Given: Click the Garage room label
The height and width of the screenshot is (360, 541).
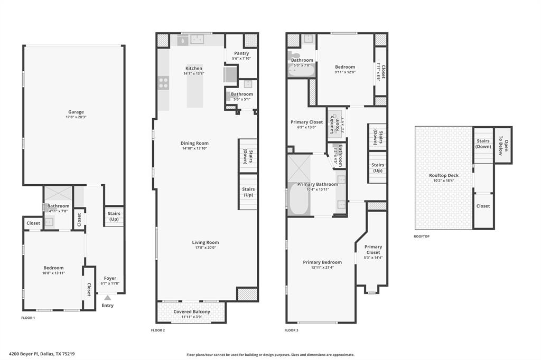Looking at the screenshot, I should pyautogui.click(x=76, y=112).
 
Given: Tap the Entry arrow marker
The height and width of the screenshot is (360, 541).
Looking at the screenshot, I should pyautogui.click(x=107, y=298).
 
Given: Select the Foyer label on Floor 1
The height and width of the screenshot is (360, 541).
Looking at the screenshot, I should pyautogui.click(x=110, y=278).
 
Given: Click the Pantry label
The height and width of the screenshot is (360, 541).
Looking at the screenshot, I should pyautogui.click(x=241, y=53).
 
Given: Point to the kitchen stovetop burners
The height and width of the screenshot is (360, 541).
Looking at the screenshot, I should pyautogui.click(x=163, y=82).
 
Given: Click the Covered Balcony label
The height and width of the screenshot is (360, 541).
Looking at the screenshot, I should pyautogui.click(x=192, y=312).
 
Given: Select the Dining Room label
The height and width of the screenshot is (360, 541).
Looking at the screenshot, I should pyautogui.click(x=194, y=143).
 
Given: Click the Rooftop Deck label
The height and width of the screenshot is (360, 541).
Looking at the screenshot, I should pyautogui.click(x=443, y=175).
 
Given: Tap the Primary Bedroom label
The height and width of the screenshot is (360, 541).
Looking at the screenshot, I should pyautogui.click(x=322, y=262).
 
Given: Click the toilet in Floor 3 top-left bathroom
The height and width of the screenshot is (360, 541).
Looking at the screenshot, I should pyautogui.click(x=295, y=55).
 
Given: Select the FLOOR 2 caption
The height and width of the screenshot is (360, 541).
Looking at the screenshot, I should pyautogui.click(x=158, y=330).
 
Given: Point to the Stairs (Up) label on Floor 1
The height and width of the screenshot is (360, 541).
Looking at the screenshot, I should pyautogui.click(x=114, y=216).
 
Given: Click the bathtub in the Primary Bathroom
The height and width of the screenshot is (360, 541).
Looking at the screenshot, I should pyautogui.click(x=299, y=200).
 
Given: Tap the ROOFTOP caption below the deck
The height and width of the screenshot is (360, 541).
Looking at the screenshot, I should pyautogui.click(x=422, y=236).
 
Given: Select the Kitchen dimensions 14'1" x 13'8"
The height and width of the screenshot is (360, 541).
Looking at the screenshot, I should pyautogui.click(x=193, y=74).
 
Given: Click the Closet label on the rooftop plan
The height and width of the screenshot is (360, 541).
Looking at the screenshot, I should pyautogui.click(x=483, y=206).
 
